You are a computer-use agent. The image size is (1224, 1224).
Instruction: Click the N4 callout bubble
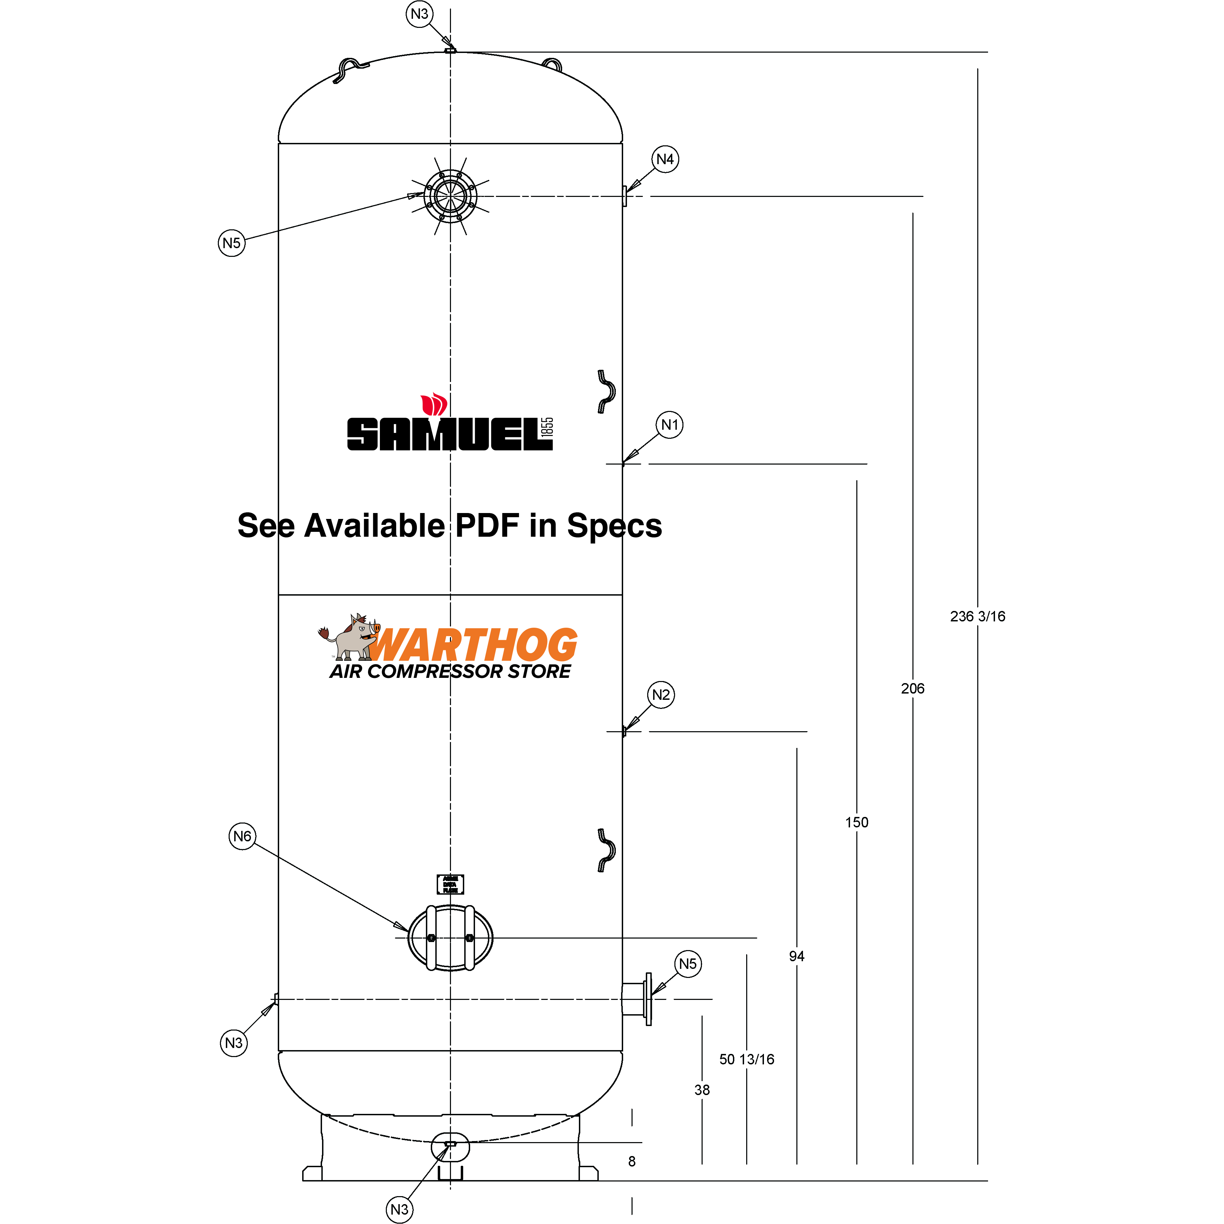665,159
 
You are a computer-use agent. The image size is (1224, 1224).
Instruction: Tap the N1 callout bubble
669,424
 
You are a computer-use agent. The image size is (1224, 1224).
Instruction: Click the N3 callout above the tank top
419,14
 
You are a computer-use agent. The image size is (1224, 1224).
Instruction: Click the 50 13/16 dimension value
746,1059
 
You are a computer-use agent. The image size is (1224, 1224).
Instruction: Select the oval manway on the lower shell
450,938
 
